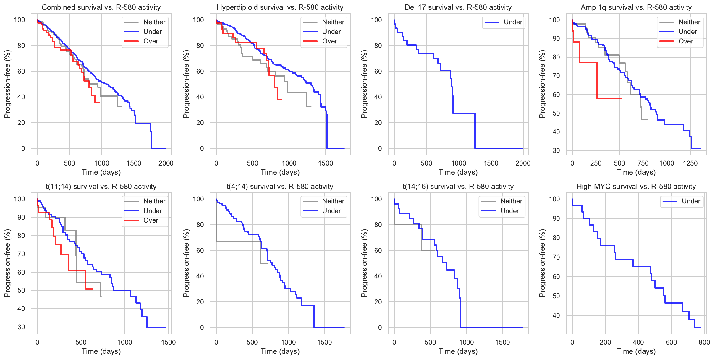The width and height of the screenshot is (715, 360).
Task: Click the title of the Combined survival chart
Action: click(x=101, y=7)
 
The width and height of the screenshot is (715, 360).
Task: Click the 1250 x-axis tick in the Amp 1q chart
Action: click(x=690, y=163)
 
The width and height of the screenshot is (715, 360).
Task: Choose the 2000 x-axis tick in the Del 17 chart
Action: click(x=523, y=163)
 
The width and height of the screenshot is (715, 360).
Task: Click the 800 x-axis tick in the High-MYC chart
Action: click(x=704, y=343)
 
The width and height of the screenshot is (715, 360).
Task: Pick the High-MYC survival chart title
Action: click(x=636, y=187)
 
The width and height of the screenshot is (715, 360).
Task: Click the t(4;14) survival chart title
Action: click(x=280, y=187)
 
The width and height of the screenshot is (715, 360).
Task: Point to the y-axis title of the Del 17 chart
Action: click(x=364, y=84)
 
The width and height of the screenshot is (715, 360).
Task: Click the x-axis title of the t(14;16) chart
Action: click(x=458, y=351)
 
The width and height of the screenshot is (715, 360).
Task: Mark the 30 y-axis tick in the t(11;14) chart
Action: click(x=21, y=327)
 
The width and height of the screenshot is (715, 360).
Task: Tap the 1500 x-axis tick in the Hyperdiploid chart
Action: click(x=326, y=163)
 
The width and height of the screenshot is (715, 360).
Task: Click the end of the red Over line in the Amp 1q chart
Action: click(x=622, y=98)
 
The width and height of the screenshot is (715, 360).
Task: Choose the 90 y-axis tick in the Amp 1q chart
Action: click(x=556, y=38)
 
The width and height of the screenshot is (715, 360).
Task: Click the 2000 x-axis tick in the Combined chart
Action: click(x=166, y=163)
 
